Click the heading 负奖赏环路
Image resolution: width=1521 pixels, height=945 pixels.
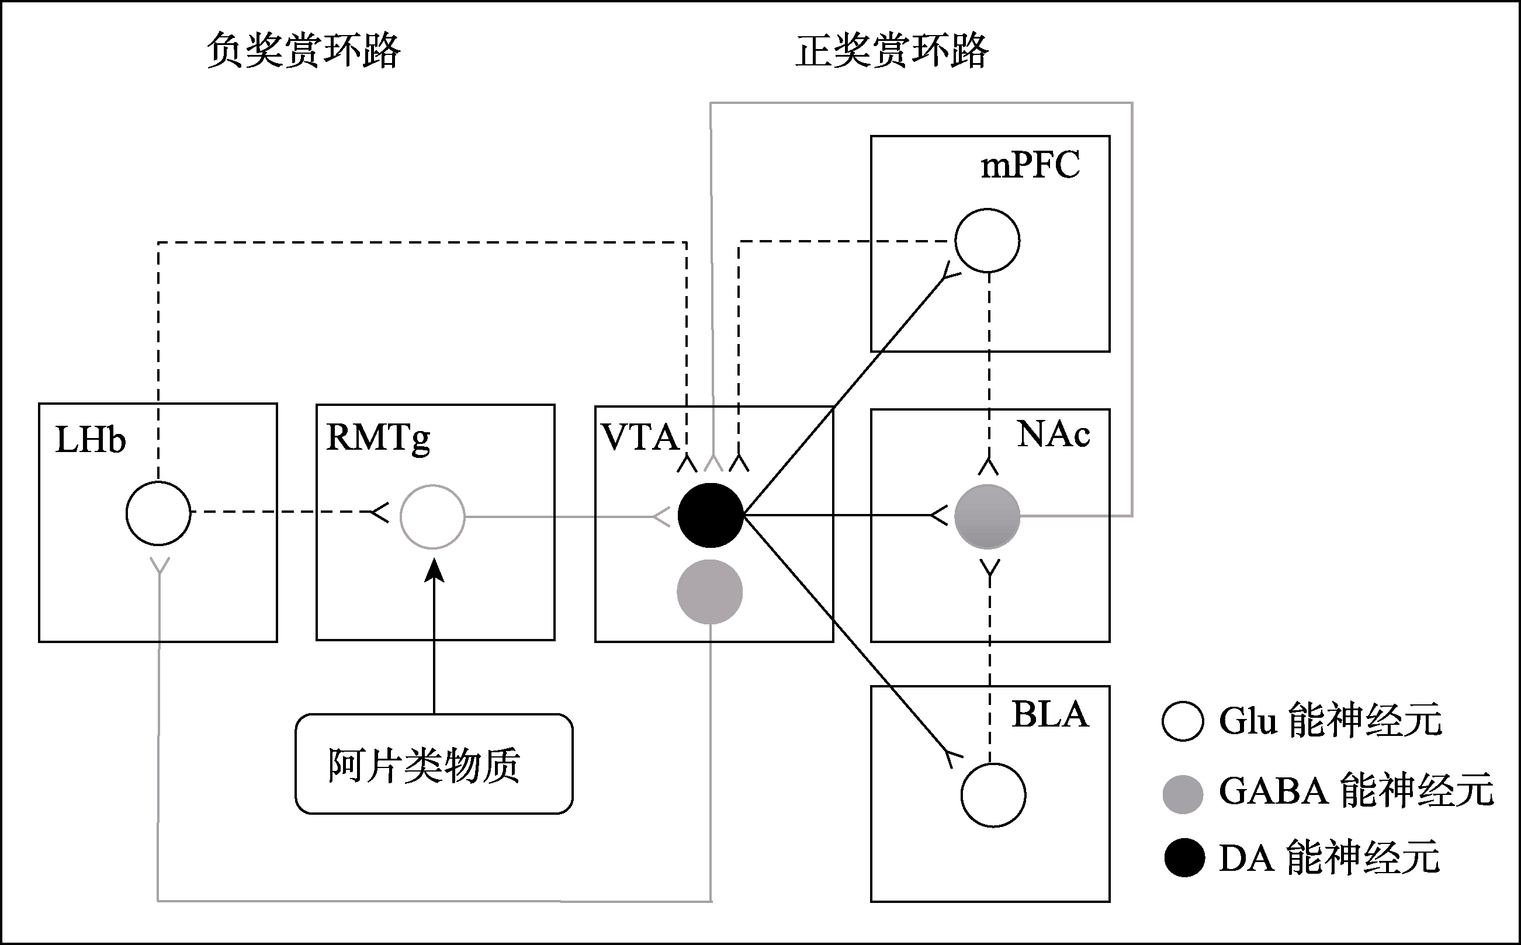pos(303,51)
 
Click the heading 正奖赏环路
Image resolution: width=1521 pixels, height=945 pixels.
pos(892,51)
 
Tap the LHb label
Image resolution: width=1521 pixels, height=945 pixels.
pos(91,439)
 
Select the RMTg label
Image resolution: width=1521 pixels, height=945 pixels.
pos(378,438)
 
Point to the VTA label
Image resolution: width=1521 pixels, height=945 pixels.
pos(639,437)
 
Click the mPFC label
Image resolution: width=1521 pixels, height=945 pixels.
pos(1030,166)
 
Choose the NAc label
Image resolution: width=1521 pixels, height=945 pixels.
pos(1054,434)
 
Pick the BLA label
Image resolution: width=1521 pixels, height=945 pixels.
pos(1050,714)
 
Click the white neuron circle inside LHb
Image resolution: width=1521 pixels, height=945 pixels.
pos(158,513)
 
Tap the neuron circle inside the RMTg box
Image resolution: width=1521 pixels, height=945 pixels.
pos(432,517)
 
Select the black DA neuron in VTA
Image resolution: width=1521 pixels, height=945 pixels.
pos(711,516)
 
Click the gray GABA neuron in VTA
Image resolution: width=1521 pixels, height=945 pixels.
pos(709,592)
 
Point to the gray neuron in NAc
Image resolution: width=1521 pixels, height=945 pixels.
pos(987,517)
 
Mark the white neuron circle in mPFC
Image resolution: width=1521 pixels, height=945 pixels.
pos(987,241)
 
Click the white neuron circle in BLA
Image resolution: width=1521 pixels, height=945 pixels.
pos(993,795)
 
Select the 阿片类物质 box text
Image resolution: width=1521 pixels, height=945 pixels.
pos(424,765)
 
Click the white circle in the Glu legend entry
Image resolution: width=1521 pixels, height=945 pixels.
pos(1183,721)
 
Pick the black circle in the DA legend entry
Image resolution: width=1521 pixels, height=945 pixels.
pos(1184,858)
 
